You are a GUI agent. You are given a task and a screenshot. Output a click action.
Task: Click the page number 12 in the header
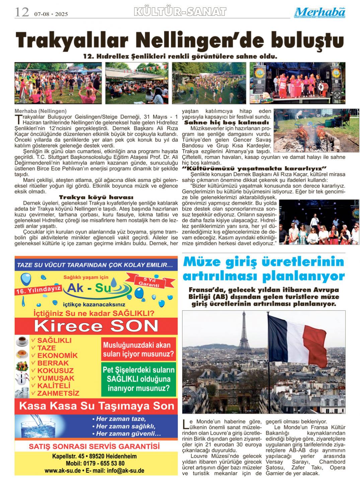[21, 13]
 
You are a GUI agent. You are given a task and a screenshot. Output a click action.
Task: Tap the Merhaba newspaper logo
[320, 12]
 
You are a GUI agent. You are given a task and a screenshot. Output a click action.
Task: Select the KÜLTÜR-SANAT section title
[180, 12]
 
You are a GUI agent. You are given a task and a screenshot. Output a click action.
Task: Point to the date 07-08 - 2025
[51, 14]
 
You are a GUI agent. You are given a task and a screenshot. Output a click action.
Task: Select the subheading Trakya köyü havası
[96, 197]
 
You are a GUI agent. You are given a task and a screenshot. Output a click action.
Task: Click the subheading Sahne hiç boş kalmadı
[227, 123]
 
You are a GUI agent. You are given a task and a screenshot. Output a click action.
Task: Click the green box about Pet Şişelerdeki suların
[139, 379]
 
